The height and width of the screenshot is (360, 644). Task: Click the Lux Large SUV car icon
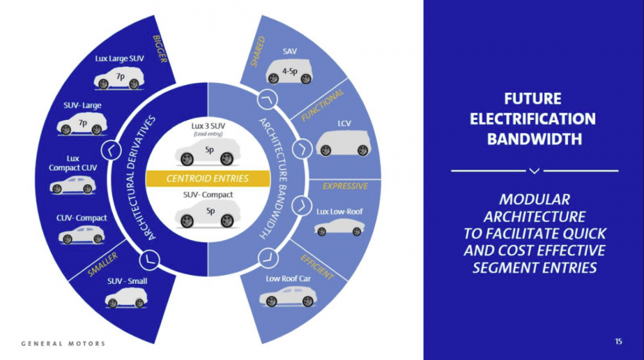[119, 79]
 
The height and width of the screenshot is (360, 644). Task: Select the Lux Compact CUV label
[73, 163]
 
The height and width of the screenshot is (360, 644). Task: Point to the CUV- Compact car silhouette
[82, 235]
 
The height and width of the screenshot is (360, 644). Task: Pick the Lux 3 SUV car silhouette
[207, 153]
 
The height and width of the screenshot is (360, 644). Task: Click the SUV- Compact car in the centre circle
[207, 213]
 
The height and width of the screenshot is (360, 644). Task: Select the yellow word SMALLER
[103, 265]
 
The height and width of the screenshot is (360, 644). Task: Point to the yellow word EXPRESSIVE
[345, 186]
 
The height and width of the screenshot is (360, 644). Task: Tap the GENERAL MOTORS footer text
[63, 343]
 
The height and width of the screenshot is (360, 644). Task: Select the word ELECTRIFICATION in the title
[533, 118]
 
